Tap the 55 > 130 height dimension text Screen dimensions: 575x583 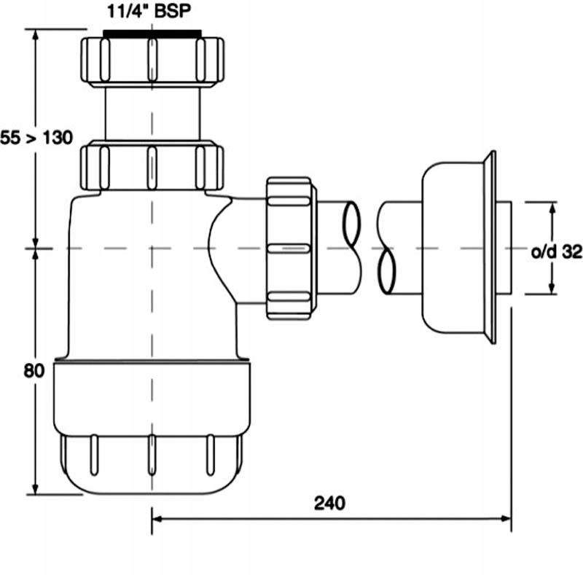coord(36,137)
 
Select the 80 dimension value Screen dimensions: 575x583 coord(34,370)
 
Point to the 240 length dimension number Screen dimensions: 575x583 coord(330,503)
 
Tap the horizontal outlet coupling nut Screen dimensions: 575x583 coord(291,248)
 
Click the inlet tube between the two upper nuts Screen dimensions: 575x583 coord(152,113)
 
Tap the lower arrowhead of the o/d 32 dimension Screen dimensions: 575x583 coord(551,290)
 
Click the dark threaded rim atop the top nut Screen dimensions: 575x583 coord(152,33)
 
